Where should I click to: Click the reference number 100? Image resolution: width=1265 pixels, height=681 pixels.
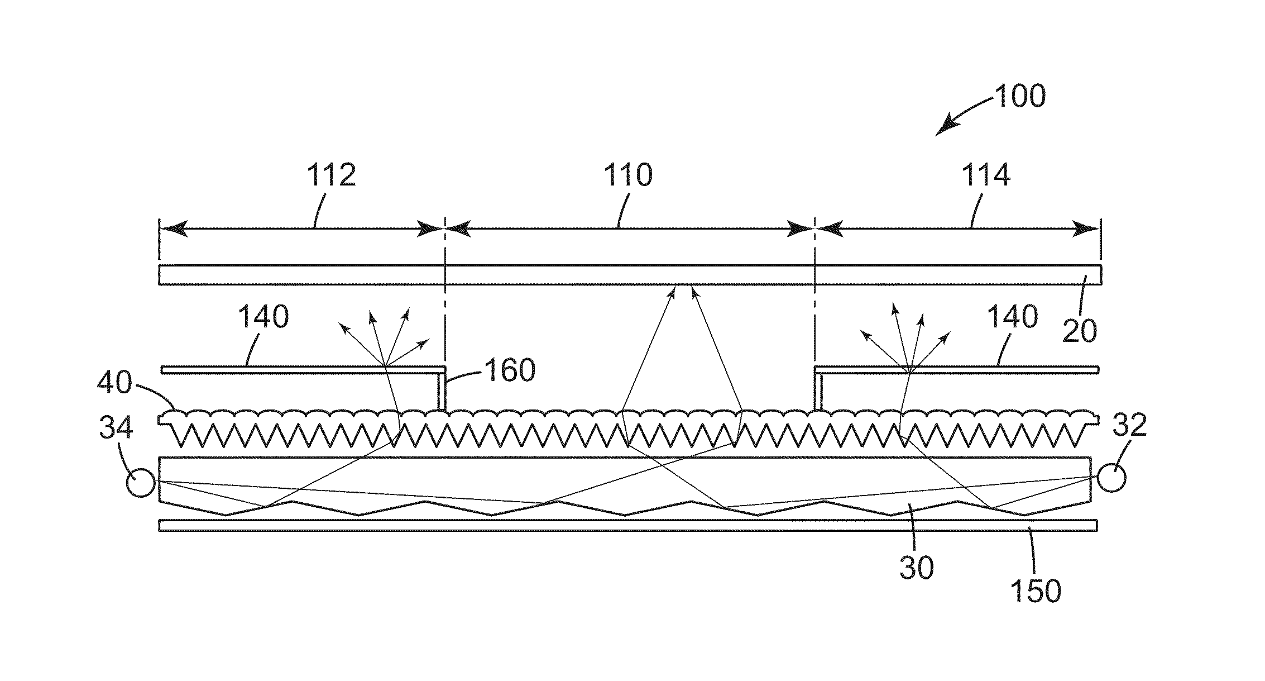[1020, 96]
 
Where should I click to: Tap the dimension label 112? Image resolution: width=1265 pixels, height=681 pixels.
[331, 175]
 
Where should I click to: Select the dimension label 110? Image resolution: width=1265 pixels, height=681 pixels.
[627, 175]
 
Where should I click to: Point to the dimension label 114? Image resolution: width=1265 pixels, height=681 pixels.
[985, 175]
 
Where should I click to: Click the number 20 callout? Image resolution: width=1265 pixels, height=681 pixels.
[1079, 331]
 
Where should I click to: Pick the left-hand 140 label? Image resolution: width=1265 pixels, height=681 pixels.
[263, 317]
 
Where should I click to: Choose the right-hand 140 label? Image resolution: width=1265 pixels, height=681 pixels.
[1013, 317]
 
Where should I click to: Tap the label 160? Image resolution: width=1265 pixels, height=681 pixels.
[510, 370]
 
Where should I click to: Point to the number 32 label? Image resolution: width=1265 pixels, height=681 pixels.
[1129, 426]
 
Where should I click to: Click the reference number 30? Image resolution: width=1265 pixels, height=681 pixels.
[916, 568]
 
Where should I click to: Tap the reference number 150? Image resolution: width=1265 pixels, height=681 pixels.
[1036, 590]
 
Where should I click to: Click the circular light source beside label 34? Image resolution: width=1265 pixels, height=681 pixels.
[140, 482]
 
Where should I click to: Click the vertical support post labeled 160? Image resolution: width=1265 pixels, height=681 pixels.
[441, 392]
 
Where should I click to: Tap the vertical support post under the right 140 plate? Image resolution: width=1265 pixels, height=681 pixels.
[819, 392]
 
